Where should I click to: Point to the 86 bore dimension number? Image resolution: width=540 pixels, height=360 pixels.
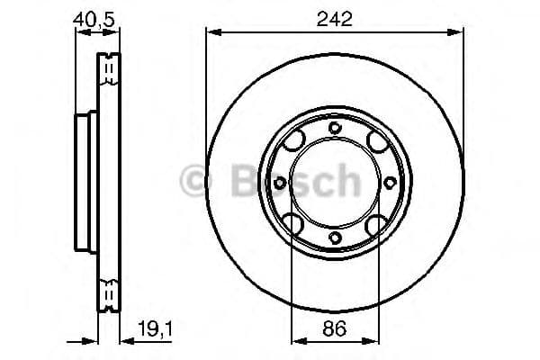(335, 330)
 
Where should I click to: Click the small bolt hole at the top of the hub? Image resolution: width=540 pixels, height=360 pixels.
(335, 128)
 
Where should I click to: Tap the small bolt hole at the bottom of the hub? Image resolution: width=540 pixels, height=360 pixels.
(335, 238)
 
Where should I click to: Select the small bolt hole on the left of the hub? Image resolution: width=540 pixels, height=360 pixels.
(280, 183)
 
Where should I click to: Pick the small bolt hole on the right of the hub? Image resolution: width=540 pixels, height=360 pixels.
(390, 183)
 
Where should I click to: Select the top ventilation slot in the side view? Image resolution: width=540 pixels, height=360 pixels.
(107, 67)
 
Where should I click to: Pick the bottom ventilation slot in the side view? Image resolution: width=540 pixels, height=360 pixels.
(107, 295)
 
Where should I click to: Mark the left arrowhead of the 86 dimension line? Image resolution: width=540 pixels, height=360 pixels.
(295, 342)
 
